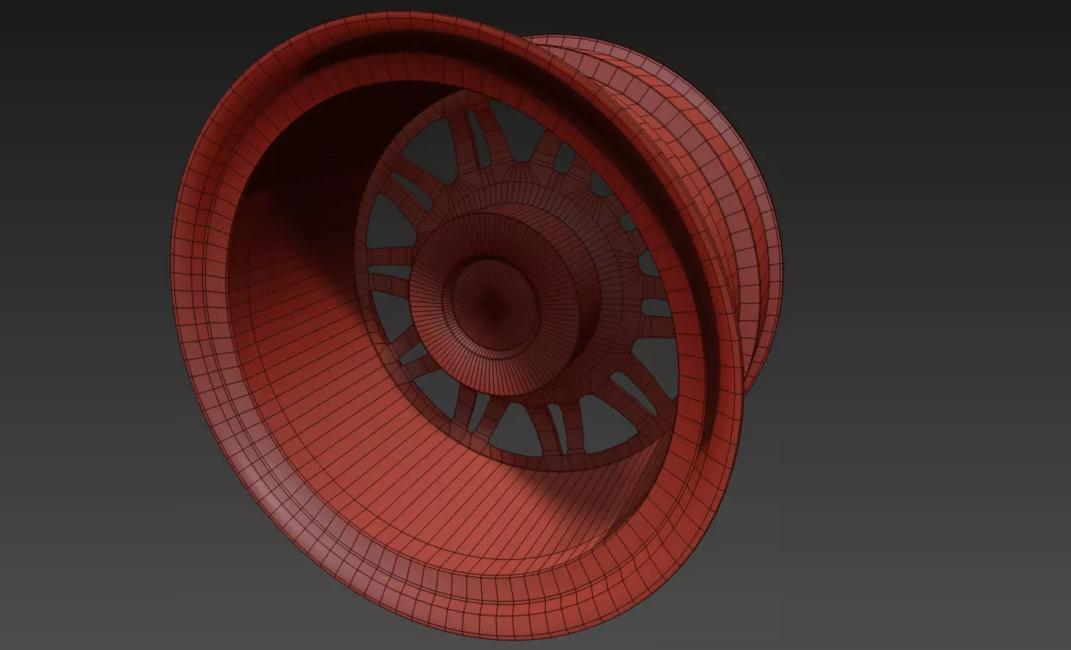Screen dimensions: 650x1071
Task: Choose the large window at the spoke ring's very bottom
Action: (516, 429)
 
